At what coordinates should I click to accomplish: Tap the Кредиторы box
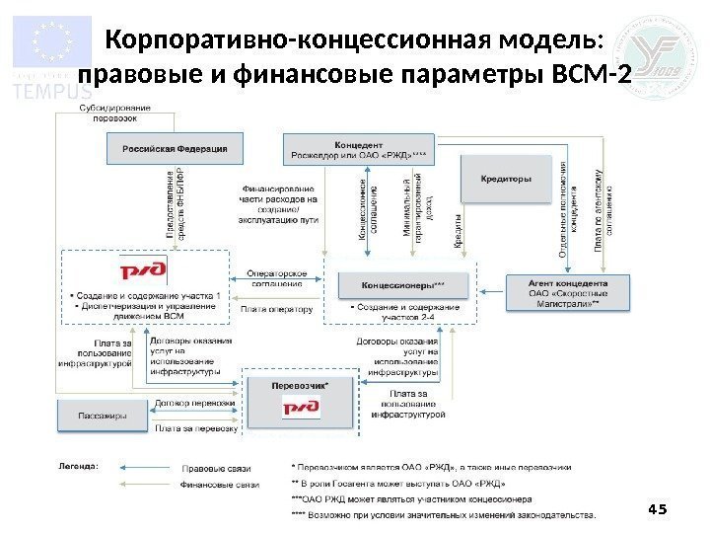506,180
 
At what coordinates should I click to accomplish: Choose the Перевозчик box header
299,386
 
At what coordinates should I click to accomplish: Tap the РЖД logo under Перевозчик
300,407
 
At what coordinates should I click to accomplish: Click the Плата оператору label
276,309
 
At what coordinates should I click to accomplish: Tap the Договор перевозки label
194,404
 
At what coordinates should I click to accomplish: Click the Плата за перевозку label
195,427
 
